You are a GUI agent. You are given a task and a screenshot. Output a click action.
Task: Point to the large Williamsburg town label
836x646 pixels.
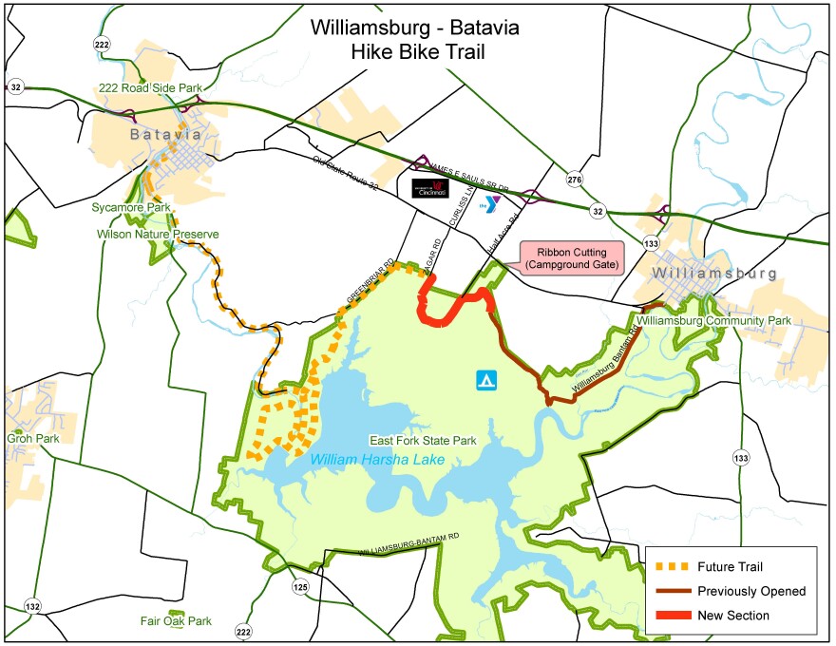714,273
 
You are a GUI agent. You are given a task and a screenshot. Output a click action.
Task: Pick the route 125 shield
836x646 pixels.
301,585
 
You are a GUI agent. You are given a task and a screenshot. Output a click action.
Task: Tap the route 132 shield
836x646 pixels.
33,606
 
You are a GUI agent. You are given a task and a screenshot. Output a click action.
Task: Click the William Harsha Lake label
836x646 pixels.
377,460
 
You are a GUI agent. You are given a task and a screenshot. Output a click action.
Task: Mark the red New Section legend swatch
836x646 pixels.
674,616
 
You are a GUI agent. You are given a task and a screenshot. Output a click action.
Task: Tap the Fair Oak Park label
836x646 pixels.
176,621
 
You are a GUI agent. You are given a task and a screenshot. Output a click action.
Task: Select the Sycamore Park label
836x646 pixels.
130,206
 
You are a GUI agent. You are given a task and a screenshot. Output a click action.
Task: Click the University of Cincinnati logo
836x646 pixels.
430,189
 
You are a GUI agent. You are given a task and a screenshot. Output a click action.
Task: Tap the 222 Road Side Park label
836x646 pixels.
151,88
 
